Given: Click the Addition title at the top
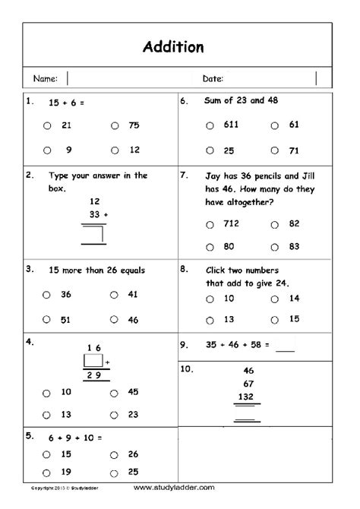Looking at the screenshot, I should point(173,47).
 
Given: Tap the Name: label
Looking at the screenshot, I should point(45,78).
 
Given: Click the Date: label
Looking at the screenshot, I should point(213,78).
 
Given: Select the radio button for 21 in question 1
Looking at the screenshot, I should point(47,126).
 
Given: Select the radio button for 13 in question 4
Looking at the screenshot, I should point(47,415).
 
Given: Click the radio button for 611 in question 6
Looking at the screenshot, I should point(210,125).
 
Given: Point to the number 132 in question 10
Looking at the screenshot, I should point(248,397).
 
